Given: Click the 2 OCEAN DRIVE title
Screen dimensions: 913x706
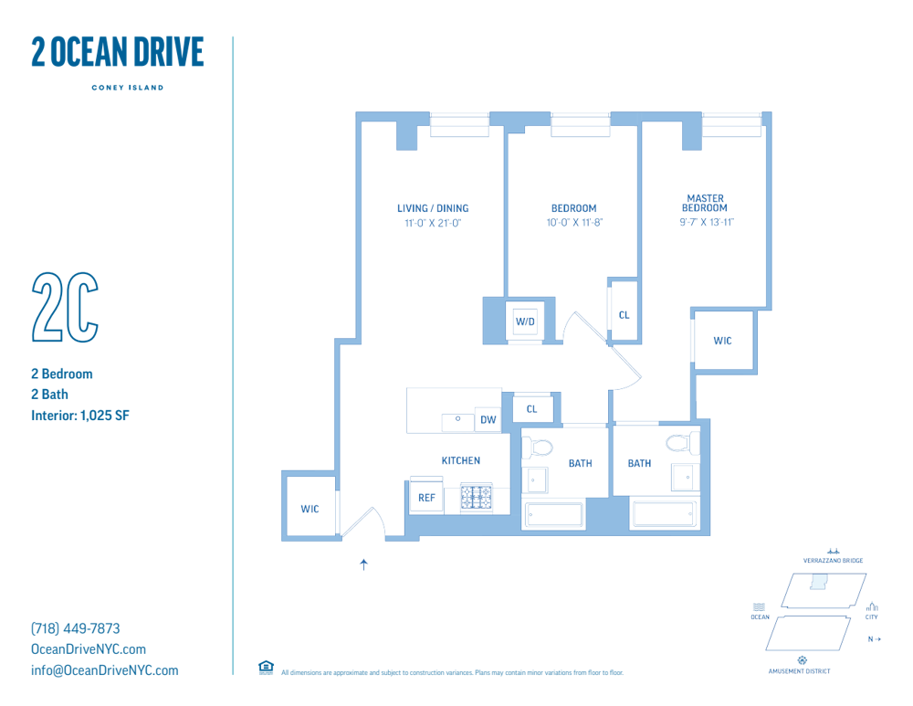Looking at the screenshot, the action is coord(118,52).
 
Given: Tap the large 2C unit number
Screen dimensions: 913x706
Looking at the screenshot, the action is coord(65,307).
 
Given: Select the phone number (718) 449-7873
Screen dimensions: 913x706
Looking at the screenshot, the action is coord(76,628).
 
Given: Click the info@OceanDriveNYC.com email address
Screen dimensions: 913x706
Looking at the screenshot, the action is coord(105,670).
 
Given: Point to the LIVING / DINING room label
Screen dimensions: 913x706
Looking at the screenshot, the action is coord(433,208).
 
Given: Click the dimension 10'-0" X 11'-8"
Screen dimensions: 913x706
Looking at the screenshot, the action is coord(574,223).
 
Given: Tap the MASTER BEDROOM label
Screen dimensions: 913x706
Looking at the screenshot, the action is coord(705,204).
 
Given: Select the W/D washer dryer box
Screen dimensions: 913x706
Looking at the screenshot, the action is coord(525,321).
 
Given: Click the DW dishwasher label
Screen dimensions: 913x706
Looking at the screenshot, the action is coord(488,419).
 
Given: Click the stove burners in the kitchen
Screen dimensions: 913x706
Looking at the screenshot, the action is coord(477,498).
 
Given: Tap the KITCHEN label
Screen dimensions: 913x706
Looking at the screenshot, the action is coord(460,460).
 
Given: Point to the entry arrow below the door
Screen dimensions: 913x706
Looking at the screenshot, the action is coord(364,564).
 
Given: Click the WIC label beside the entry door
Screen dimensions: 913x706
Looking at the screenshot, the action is coord(310,509).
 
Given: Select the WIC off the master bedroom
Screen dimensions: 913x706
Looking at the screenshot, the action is coord(722,341).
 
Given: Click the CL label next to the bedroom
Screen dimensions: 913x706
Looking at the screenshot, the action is coord(624,315).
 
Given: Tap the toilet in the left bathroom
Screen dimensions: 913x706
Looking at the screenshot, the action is coord(538,448).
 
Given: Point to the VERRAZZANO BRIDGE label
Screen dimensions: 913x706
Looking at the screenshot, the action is coord(834,561).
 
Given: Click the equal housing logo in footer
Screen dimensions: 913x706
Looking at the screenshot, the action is coord(266,668).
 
